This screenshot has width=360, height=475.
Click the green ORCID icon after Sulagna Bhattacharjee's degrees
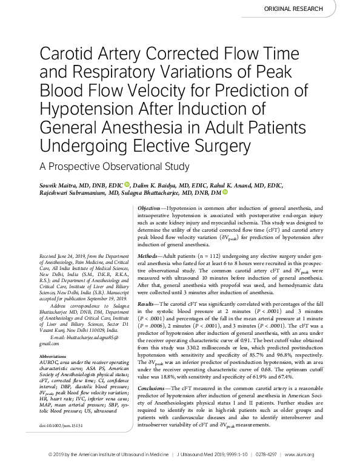225,193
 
